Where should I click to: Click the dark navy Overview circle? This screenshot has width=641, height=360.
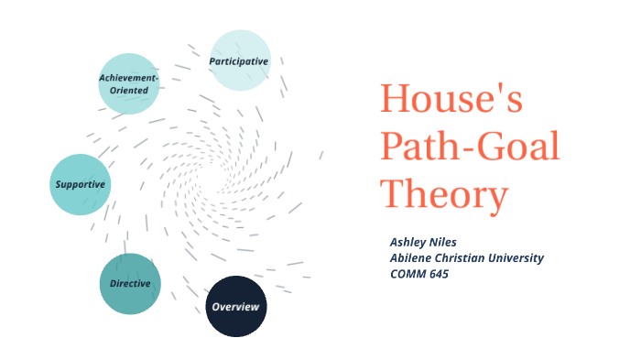pos(235,306)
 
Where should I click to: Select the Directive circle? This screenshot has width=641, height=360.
pos(130,283)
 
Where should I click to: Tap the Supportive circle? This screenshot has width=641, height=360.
pos(80,184)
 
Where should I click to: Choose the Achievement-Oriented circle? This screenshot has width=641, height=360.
pos(129,83)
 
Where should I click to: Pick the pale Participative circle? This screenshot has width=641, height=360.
pos(240,60)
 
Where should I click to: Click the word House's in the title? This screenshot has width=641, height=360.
pos(451,99)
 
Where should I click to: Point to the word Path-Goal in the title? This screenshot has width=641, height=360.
pos(470,147)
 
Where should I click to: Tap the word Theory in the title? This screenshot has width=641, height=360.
pos(444,194)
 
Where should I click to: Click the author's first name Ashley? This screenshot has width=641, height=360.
pos(408,242)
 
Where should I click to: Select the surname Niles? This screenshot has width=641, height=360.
pos(447,242)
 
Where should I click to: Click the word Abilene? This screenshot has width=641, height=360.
pos(413,257)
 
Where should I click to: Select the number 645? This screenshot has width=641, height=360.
pos(442,273)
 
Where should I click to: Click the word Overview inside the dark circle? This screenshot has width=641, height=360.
pos(235,306)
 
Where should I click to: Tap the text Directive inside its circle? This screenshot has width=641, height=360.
pos(130,283)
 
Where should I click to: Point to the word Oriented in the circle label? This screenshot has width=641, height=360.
pos(129,90)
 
